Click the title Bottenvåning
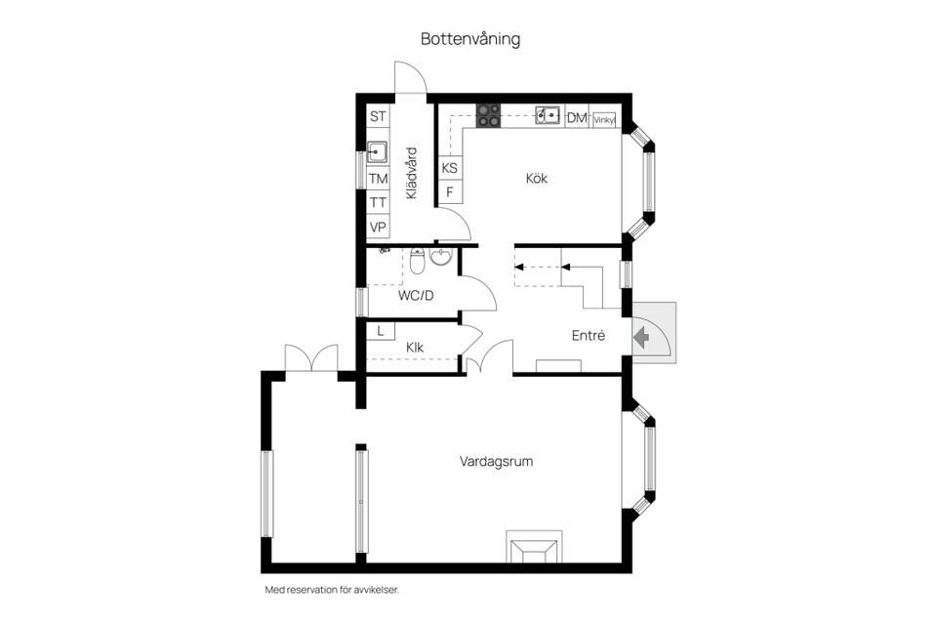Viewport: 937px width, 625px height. pos(470,40)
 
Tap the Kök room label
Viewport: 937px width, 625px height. pos(536,178)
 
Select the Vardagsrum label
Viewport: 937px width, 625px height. pos(496,461)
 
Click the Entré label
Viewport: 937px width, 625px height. pos(589,335)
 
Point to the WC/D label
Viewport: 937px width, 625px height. pos(415,294)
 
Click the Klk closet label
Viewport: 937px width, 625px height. pos(415,347)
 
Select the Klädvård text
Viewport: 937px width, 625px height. pos(411,173)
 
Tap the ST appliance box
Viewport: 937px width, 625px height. pos(378,116)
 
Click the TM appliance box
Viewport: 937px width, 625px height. pos(378,179)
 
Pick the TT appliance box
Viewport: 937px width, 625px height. pos(378,202)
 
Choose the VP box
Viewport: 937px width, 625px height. pos(378,227)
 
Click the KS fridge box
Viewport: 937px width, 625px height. pos(450,168)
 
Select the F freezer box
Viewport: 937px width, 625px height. pos(450,191)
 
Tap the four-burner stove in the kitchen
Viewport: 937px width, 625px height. pos(488,115)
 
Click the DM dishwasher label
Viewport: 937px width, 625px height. pos(576,117)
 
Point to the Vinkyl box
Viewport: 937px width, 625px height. pos(604,119)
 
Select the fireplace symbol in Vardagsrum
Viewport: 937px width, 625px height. pos(534,549)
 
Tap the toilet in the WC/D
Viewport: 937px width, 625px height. pos(418,261)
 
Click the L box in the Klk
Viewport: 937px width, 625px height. pos(379,331)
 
